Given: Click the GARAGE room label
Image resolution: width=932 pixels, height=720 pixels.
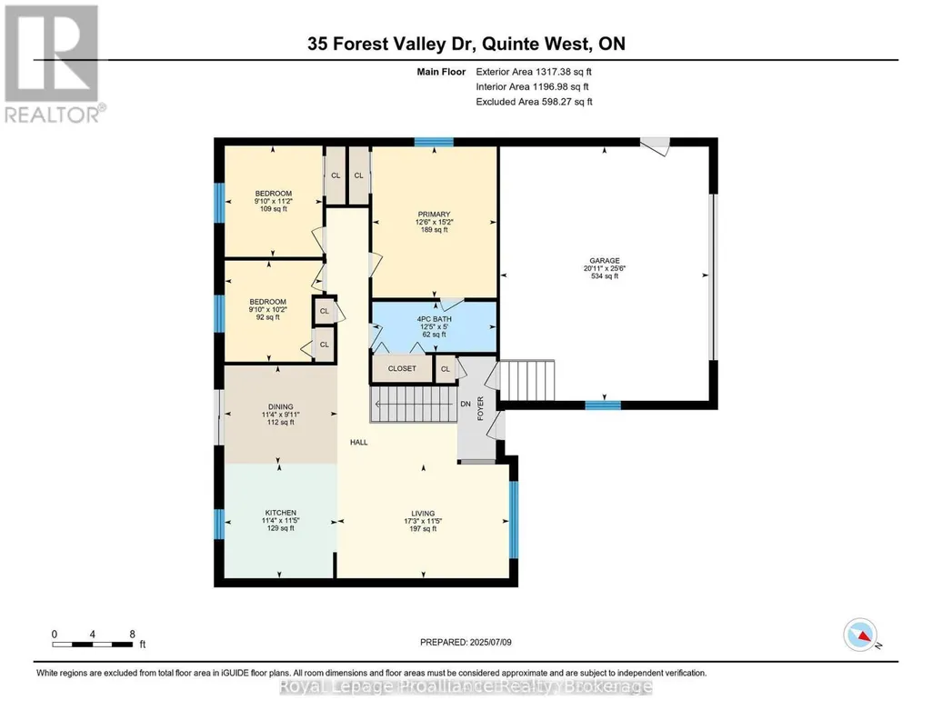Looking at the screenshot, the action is pyautogui.click(x=605, y=260).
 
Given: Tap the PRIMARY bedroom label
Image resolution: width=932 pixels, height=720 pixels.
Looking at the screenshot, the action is pyautogui.click(x=434, y=214).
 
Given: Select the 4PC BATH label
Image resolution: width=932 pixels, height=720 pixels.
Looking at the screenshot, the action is pyautogui.click(x=434, y=319).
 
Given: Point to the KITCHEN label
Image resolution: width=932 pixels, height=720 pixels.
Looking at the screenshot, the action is pyautogui.click(x=281, y=513).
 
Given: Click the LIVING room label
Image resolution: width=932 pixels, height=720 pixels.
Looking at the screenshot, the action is pyautogui.click(x=423, y=514).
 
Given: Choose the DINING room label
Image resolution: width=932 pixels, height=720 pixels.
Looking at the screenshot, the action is pyautogui.click(x=281, y=407).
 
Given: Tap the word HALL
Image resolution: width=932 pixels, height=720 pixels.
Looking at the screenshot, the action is pyautogui.click(x=359, y=442).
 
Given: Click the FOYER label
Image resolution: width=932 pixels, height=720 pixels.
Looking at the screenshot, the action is pyautogui.click(x=480, y=408).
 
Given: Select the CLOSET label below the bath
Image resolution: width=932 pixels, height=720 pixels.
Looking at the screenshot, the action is pyautogui.click(x=402, y=368).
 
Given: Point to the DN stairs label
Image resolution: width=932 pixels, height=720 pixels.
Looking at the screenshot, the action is pyautogui.click(x=466, y=404).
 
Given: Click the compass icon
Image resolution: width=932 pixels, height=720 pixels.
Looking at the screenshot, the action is pyautogui.click(x=860, y=635).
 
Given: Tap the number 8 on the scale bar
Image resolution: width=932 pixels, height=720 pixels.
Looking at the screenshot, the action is pyautogui.click(x=132, y=634).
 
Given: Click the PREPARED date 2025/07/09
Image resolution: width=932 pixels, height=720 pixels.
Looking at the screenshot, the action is pyautogui.click(x=490, y=642).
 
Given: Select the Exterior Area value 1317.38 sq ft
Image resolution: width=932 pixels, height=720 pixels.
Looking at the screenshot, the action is pyautogui.click(x=564, y=72).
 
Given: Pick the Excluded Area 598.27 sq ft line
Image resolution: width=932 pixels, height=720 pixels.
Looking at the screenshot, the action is pyautogui.click(x=535, y=102).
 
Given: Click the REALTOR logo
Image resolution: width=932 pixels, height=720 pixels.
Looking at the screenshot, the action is pyautogui.click(x=54, y=64).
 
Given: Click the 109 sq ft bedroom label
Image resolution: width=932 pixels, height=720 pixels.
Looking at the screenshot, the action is pyautogui.click(x=274, y=208).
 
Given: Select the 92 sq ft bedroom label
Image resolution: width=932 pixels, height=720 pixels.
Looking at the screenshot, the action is pyautogui.click(x=267, y=316).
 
